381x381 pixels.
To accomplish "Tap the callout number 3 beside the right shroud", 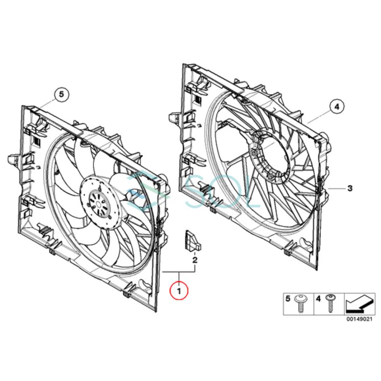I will coord(350,188).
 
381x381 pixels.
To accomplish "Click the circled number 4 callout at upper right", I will coord(337,107).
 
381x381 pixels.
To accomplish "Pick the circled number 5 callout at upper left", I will coord(61,95).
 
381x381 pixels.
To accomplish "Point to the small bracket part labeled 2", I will coord(189,240).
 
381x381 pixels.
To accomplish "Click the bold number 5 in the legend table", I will coord(288,299).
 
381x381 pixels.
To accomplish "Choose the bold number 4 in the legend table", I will coord(318,299).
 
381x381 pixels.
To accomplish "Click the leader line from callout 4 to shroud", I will coord(318,116).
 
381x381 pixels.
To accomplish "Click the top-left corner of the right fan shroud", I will coord(184,65).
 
